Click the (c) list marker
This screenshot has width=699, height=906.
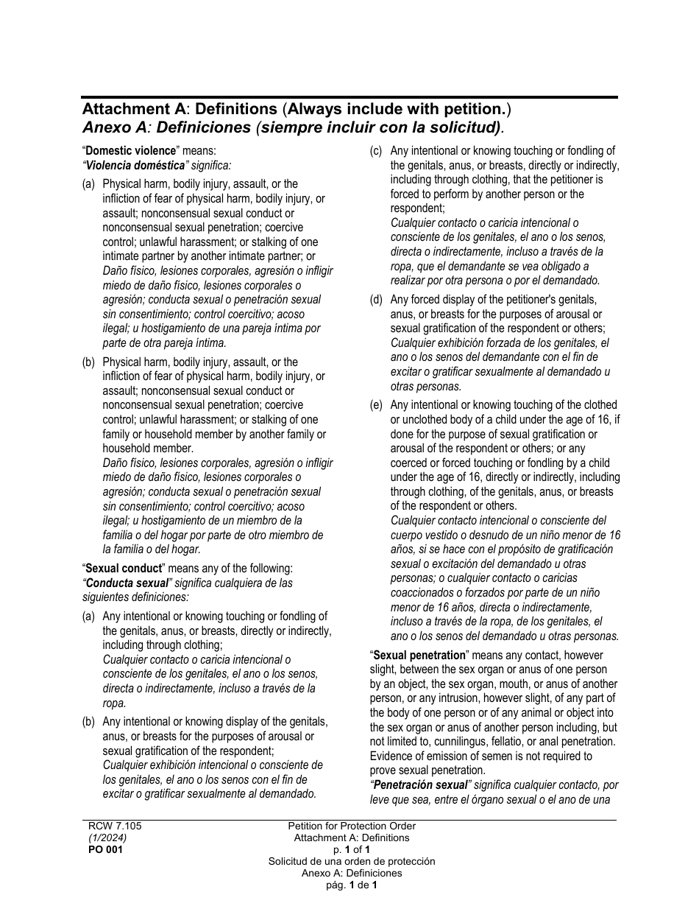pos(376,151)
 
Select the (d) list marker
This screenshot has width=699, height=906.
pos(376,300)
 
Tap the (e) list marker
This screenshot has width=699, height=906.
pos(376,405)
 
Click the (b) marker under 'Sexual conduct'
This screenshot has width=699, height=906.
pos(88,722)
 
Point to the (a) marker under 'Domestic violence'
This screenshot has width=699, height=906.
pos(88,184)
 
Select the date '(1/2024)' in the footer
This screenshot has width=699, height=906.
pos(107,837)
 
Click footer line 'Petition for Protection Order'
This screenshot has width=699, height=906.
pos(352,826)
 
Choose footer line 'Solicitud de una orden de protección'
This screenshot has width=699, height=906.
pos(352,861)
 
